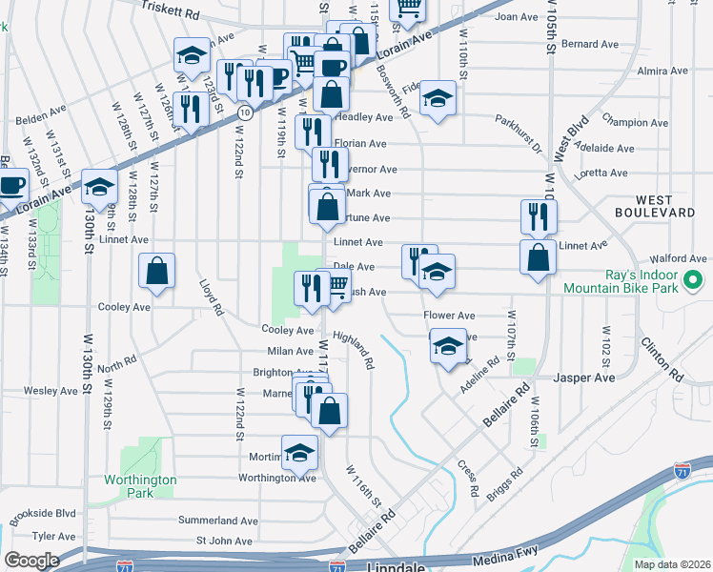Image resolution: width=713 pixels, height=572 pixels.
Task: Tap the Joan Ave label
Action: pos(517,17)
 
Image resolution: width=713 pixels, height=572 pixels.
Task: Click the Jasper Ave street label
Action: pos(591,378)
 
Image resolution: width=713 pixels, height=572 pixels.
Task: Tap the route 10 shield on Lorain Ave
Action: pos(245,113)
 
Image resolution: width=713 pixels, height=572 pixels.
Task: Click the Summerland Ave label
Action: pos(220,521)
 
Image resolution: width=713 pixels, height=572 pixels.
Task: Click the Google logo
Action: pos(31,561)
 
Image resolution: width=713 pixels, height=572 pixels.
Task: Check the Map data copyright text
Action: pos(671,564)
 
